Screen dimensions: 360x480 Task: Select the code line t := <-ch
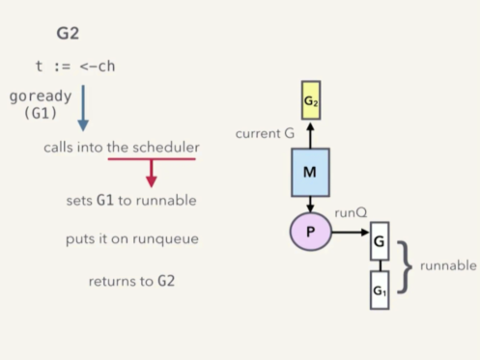[75, 67]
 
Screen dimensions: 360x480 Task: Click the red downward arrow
[151, 173]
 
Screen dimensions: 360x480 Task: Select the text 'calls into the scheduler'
[122, 148]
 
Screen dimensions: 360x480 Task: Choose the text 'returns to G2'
[131, 281]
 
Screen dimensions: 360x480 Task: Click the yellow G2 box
[311, 99]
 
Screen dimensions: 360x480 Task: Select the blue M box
[311, 172]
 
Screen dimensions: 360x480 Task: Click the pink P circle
[310, 233]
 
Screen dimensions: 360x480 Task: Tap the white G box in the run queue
[380, 241]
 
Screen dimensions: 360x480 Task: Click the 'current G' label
[265, 133]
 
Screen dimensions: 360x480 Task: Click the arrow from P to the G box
[350, 233]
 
